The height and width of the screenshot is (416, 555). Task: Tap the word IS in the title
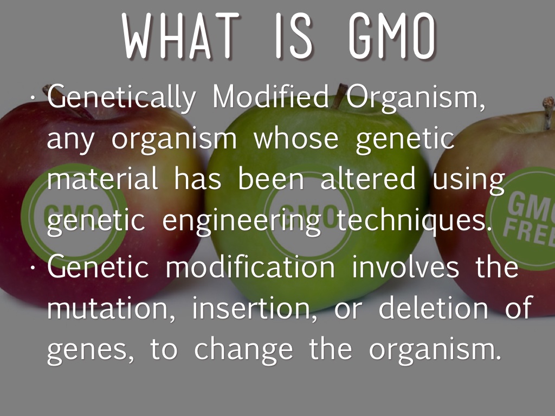pyautogui.click(x=294, y=36)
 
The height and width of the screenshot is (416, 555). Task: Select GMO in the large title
pyautogui.click(x=392, y=36)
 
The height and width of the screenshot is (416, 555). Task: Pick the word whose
pyautogui.click(x=296, y=138)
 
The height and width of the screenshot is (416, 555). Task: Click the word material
pyautogui.click(x=102, y=178)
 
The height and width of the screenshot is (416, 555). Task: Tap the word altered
pyautogui.click(x=368, y=178)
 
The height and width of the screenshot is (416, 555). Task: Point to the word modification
pyautogui.click(x=250, y=266)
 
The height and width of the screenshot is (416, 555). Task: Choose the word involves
pyautogui.click(x=405, y=266)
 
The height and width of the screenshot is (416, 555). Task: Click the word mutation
pyautogui.click(x=111, y=308)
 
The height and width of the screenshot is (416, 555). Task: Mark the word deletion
pyautogui.click(x=433, y=307)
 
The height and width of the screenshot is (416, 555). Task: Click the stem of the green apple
pyautogui.click(x=340, y=95)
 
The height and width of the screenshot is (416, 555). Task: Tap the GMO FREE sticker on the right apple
pyautogui.click(x=522, y=219)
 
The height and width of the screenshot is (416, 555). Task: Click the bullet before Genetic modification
pyautogui.click(x=33, y=268)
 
